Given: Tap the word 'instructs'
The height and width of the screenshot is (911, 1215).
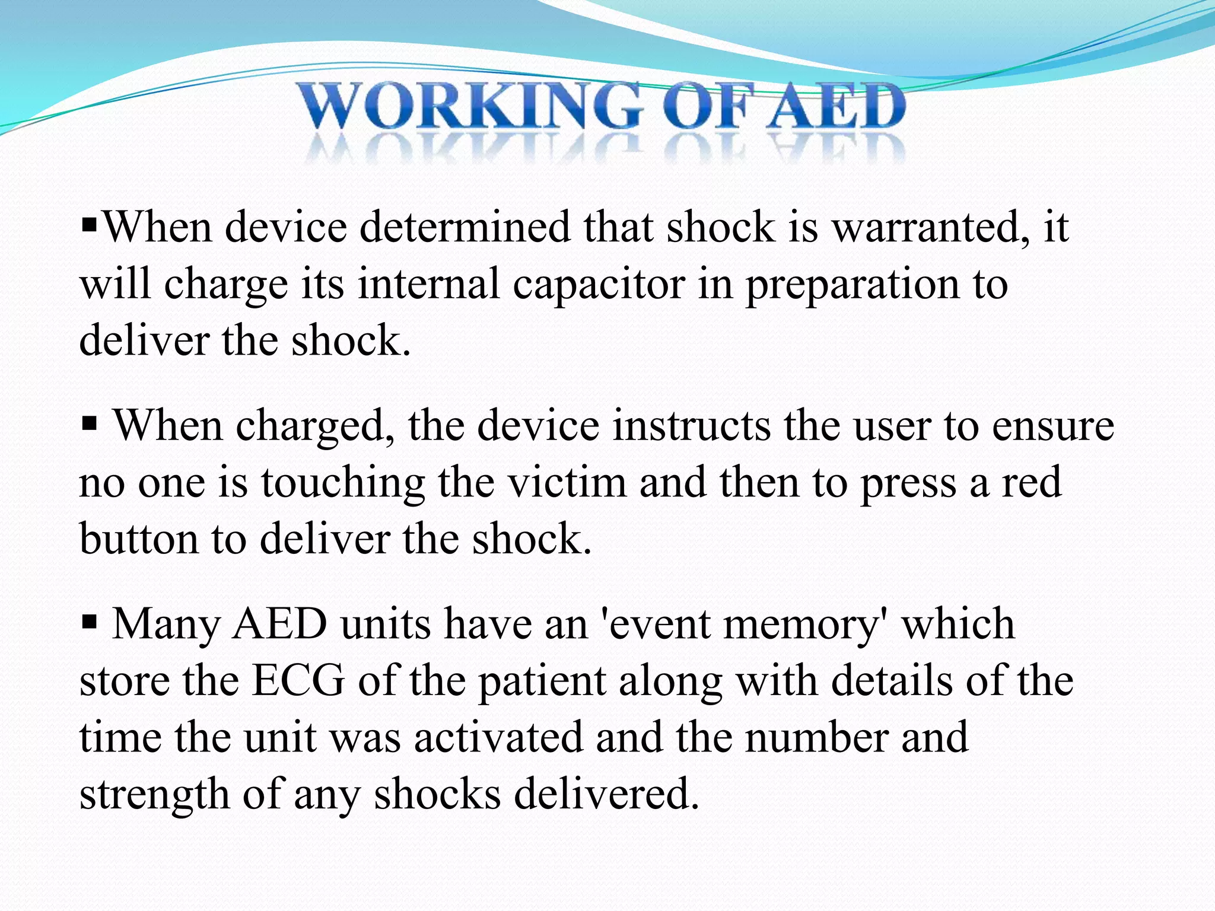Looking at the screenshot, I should pyautogui.click(x=691, y=426).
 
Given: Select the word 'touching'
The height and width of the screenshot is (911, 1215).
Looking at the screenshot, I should pyautogui.click(x=343, y=483).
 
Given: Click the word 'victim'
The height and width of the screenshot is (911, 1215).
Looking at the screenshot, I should pyautogui.click(x=567, y=482).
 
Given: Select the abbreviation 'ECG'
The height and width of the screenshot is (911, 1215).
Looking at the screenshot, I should pyautogui.click(x=298, y=681).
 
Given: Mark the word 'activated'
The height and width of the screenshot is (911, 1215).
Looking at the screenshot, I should pyautogui.click(x=498, y=737).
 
